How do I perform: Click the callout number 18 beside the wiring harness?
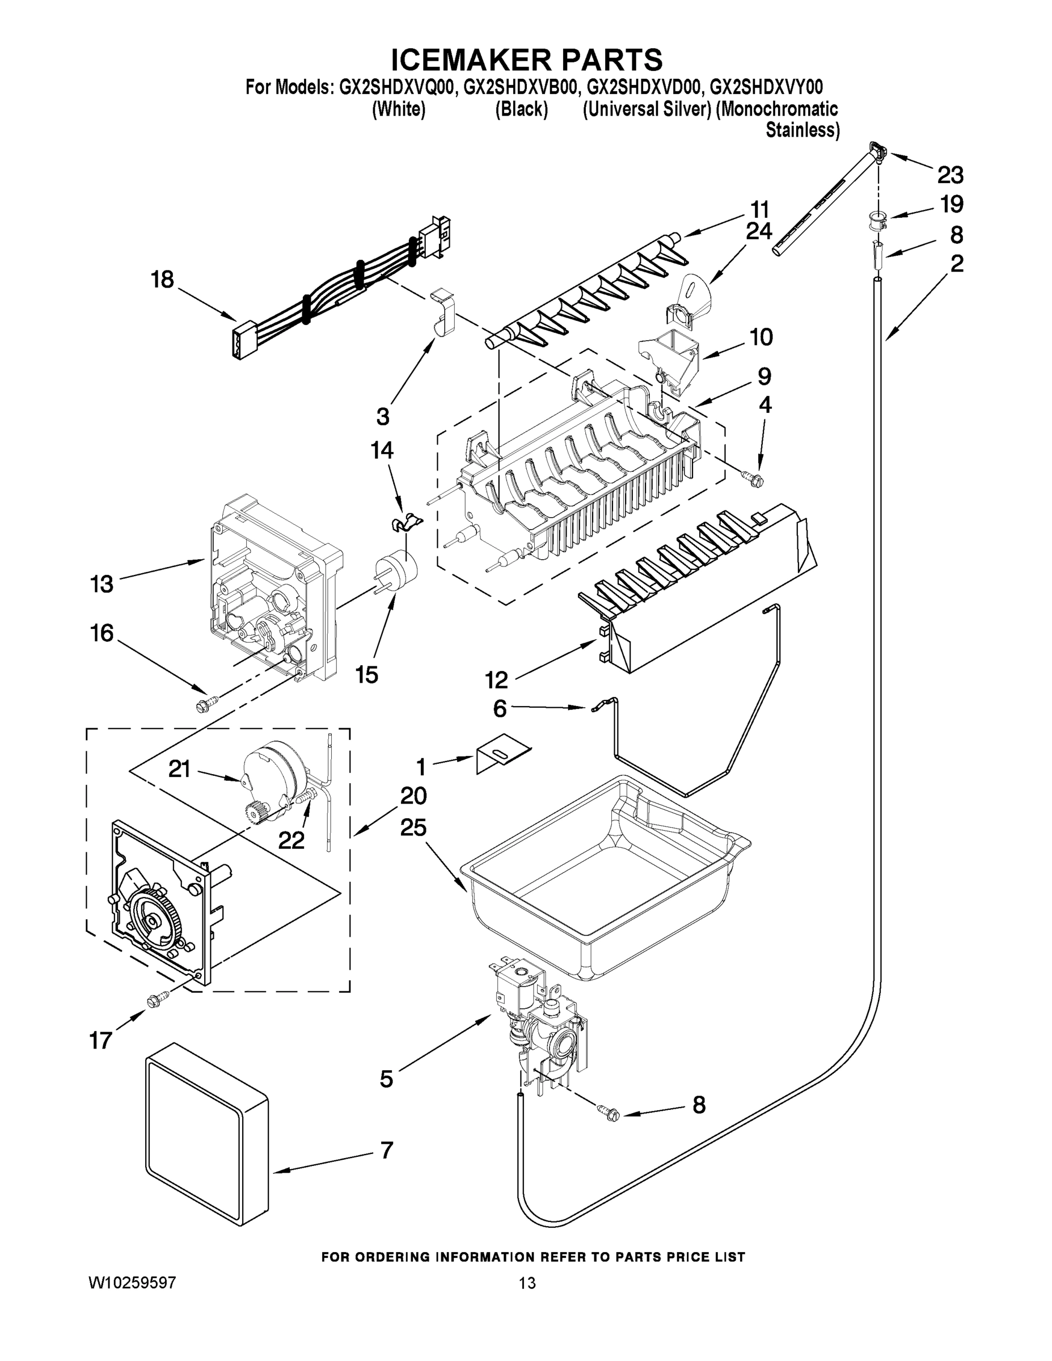pos(163,280)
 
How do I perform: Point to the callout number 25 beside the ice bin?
pos(413,827)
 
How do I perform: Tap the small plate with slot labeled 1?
pos(502,758)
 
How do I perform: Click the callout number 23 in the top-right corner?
pos(950,176)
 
